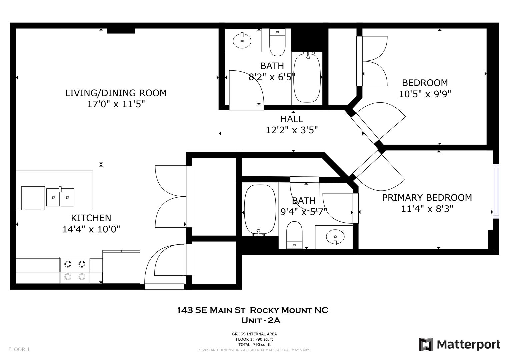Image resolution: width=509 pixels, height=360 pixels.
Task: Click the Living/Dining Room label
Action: tap(116, 93)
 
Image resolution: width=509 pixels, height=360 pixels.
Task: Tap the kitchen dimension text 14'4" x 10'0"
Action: tap(91, 229)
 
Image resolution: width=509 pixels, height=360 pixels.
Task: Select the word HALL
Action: tap(292, 119)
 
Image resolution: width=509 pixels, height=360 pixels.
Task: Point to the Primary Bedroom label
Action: tap(427, 197)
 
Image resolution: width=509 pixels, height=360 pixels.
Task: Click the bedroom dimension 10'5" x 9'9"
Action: tap(425, 94)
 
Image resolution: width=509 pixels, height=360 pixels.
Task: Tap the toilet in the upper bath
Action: tap(277, 42)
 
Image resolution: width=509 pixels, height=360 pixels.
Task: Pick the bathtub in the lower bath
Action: tap(260, 210)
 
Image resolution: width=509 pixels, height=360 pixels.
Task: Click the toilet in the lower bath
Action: tap(294, 235)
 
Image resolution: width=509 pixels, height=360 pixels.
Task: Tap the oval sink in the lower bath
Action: tap(335, 237)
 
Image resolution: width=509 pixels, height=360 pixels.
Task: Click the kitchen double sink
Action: tap(60, 197)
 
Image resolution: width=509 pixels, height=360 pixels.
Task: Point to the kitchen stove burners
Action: tap(75, 270)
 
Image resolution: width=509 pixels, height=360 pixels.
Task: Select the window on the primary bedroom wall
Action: tap(496, 191)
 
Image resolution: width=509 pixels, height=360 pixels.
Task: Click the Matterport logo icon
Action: tap(426, 344)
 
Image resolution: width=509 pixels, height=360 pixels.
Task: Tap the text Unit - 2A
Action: tap(261, 320)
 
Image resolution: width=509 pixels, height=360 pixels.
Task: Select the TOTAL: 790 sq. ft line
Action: tap(255, 345)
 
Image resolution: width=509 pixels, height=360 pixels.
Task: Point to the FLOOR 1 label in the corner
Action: tap(19, 349)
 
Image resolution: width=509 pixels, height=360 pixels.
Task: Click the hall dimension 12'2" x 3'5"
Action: tap(292, 130)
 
